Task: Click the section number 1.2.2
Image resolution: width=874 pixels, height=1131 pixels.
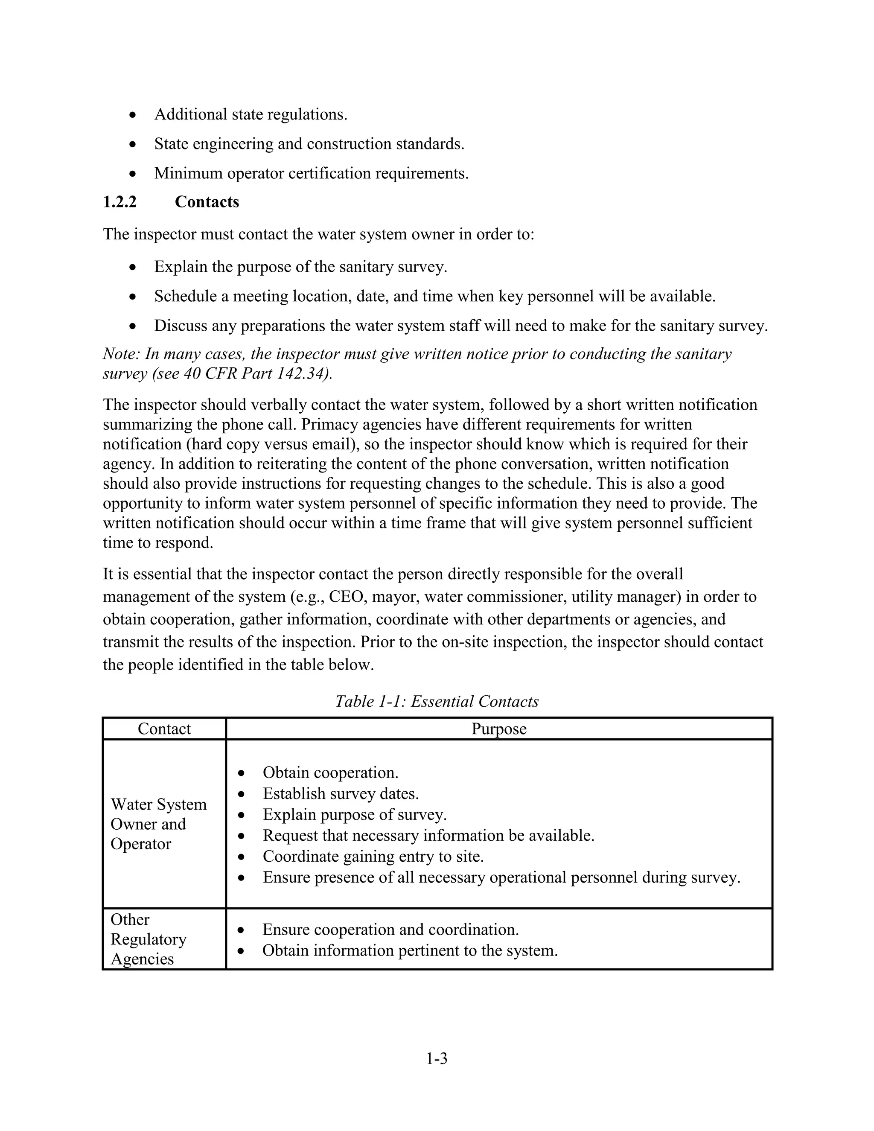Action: coord(119,202)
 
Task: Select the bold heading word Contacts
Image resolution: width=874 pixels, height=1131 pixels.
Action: coord(207,202)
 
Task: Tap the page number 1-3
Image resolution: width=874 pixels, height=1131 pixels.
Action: coord(437,1058)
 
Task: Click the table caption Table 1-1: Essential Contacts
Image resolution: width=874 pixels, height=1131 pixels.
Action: coord(437,701)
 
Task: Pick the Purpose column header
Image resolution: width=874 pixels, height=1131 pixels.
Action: coord(498,729)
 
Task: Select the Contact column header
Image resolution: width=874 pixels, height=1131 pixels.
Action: coord(164,729)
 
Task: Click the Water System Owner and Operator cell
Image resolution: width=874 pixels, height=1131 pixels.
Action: coord(158,824)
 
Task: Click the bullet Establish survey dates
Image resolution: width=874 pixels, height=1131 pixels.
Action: coord(341,793)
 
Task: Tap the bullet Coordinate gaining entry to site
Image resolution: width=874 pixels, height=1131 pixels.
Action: coord(373,856)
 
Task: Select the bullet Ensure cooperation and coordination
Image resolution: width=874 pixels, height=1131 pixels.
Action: coord(390,929)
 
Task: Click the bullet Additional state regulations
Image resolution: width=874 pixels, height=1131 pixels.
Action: coord(251,114)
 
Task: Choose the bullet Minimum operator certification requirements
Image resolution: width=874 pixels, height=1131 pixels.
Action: coord(311,173)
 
